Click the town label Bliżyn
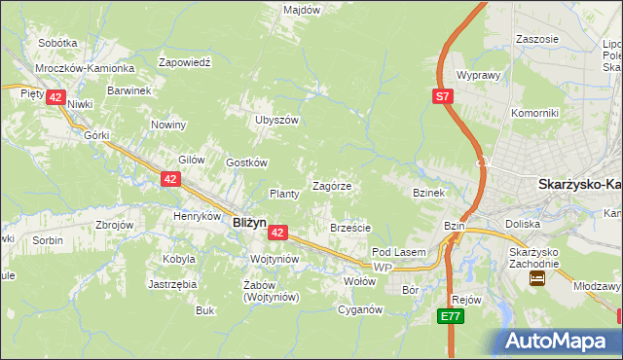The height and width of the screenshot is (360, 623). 249,222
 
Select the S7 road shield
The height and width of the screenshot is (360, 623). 443,95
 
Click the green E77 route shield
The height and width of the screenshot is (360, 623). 449,316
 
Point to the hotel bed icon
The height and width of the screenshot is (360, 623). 535,277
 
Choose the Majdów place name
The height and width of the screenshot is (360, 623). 301,10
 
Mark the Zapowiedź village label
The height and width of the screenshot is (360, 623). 185,61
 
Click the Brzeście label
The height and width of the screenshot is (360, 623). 350,228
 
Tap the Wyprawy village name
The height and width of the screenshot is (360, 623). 478,75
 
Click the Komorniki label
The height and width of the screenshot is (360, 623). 534,113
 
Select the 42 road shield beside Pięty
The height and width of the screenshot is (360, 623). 55,97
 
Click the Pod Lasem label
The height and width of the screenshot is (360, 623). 399,252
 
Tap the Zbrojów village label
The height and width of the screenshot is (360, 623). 115,224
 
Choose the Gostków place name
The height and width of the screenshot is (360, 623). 246,162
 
